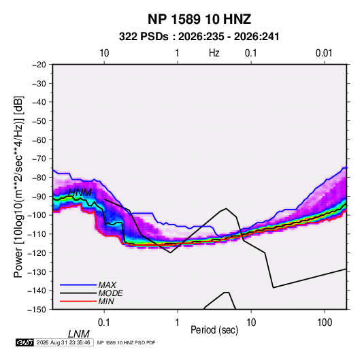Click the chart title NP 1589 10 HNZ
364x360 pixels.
click(199, 19)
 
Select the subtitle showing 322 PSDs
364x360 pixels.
click(199, 37)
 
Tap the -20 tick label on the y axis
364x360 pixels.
click(39, 65)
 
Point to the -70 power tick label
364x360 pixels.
click(39, 159)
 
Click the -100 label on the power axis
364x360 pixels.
click(37, 215)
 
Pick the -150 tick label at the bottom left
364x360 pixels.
click(37, 310)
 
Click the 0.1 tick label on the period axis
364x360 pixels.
click(103, 323)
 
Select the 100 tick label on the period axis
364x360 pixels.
click(325, 323)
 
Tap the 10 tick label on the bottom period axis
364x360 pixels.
click(251, 323)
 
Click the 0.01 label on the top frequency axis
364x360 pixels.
click(324, 53)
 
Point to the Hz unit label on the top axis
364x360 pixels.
click(214, 53)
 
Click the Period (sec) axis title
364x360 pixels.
click(214, 330)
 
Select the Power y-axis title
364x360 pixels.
click(18, 186)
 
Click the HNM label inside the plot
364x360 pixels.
click(80, 193)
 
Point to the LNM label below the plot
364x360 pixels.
click(78, 334)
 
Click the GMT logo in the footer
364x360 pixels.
click(25, 342)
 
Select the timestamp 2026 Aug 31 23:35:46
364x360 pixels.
click(63, 342)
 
